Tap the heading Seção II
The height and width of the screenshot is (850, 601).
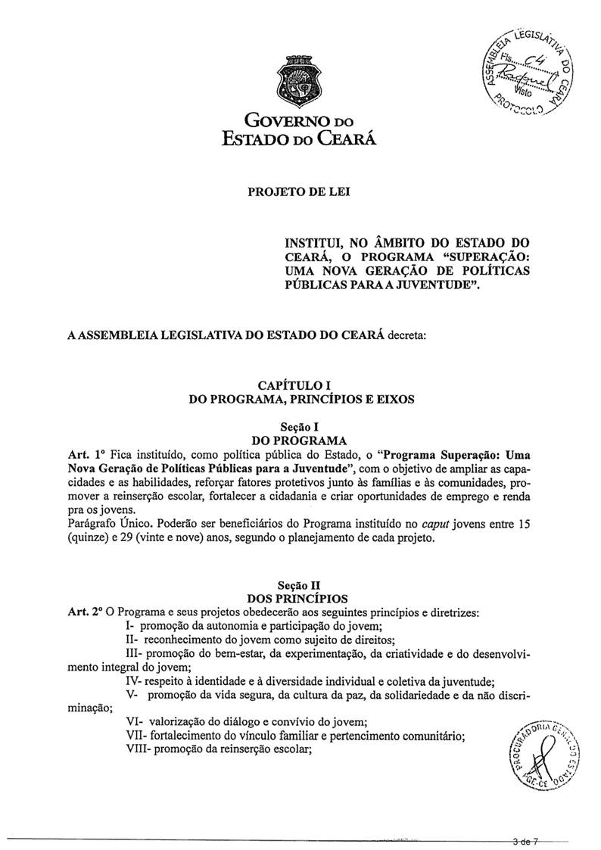[300, 585]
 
